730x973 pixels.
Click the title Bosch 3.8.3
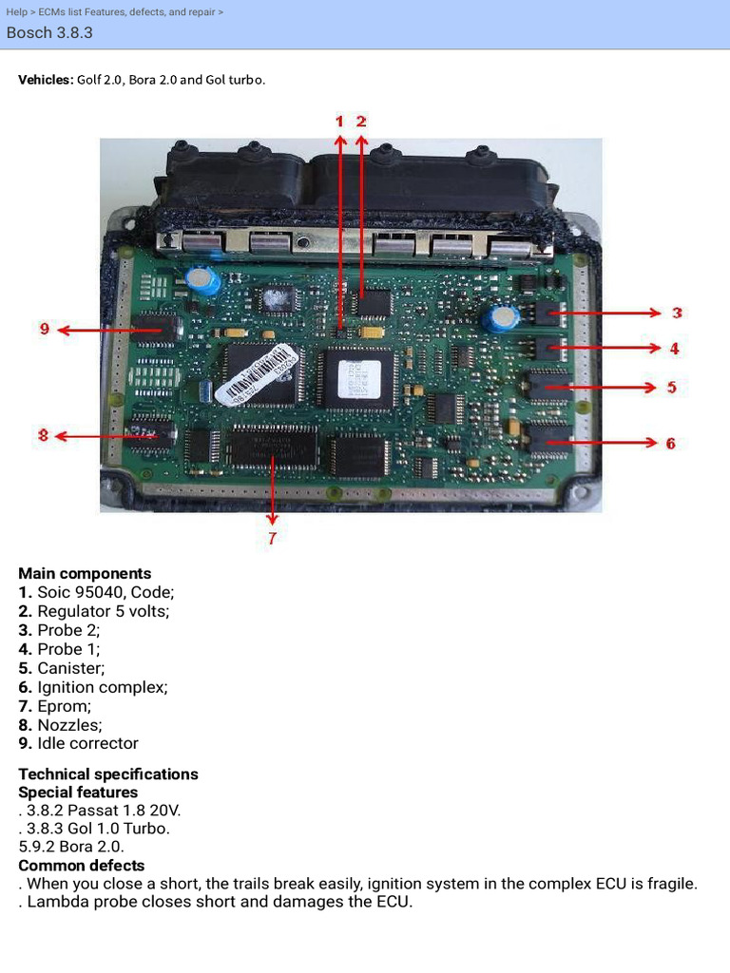click(49, 32)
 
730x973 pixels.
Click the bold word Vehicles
click(45, 79)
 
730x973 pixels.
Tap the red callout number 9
click(44, 329)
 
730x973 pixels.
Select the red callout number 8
click(43, 435)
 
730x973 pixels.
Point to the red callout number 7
click(272, 538)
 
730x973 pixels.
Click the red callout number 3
click(677, 313)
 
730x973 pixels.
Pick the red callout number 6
click(671, 443)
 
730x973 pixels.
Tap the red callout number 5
click(672, 387)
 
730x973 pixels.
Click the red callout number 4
click(674, 349)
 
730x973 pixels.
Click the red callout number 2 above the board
click(361, 122)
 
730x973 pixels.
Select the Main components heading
click(85, 573)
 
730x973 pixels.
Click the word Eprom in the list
click(65, 706)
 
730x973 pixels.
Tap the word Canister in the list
click(70, 668)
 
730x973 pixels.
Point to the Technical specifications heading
click(108, 773)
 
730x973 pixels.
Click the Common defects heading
click(82, 865)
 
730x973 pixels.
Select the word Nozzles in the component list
click(69, 725)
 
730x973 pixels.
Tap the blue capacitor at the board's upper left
click(204, 279)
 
